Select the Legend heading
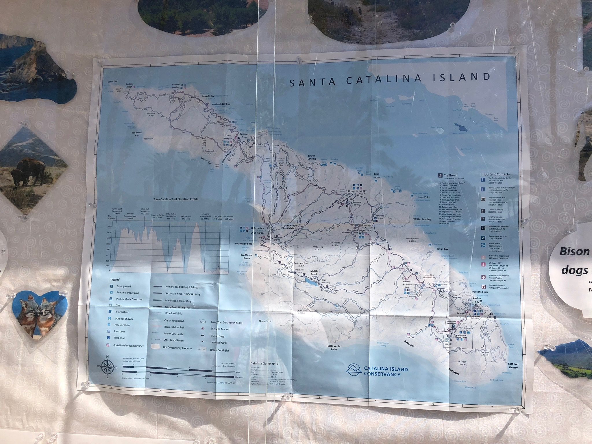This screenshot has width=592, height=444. point(115,280)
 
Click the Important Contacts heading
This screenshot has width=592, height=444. point(495,174)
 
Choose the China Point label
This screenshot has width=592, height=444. point(265,321)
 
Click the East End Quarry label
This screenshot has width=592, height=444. point(513,366)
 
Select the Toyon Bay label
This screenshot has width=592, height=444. point(442,249)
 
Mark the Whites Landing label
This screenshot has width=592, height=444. point(422,219)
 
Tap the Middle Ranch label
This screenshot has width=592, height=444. point(314,273)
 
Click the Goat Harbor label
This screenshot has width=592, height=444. point(376,175)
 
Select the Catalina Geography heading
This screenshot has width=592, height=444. point(264,364)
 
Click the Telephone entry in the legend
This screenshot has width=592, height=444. point(120,338)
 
